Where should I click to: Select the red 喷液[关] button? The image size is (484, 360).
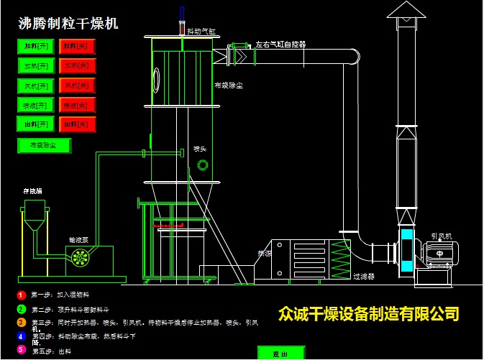(x=77, y=106)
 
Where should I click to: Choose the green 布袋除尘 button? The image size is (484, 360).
(x=44, y=145)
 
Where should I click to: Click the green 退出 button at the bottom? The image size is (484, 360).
(x=281, y=354)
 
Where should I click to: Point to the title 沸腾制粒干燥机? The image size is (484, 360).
(x=68, y=23)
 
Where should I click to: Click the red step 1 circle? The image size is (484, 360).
(x=22, y=295)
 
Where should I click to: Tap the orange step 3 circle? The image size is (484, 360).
(x=22, y=323)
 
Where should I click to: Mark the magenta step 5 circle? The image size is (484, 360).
(x=22, y=350)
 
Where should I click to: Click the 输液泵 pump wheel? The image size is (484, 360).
(x=78, y=258)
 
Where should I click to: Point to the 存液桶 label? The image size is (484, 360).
(x=32, y=191)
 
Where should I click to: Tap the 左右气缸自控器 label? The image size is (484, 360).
(x=280, y=45)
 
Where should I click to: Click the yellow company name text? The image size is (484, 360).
(x=368, y=314)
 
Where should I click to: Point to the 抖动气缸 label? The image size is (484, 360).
(x=201, y=32)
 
